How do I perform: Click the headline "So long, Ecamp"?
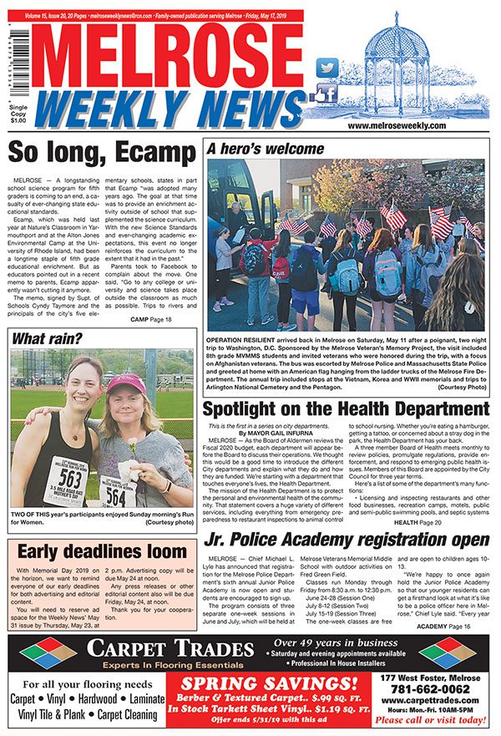(x=102, y=154)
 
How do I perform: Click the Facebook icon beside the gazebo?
(x=326, y=93)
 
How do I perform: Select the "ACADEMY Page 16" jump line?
(x=447, y=625)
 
